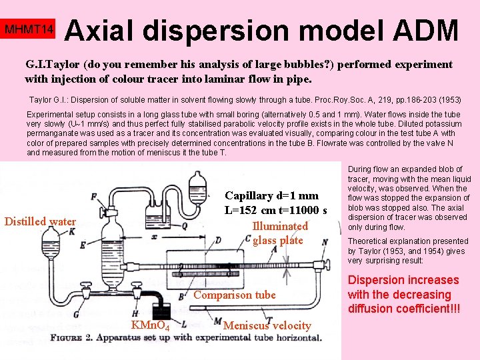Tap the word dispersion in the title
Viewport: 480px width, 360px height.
point(246,31)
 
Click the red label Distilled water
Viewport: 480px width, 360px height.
point(40,221)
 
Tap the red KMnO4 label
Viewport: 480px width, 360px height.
point(150,326)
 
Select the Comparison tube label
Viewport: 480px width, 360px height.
point(235,295)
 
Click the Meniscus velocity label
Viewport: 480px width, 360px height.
point(267,325)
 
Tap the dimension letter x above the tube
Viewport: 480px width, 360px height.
point(155,237)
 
